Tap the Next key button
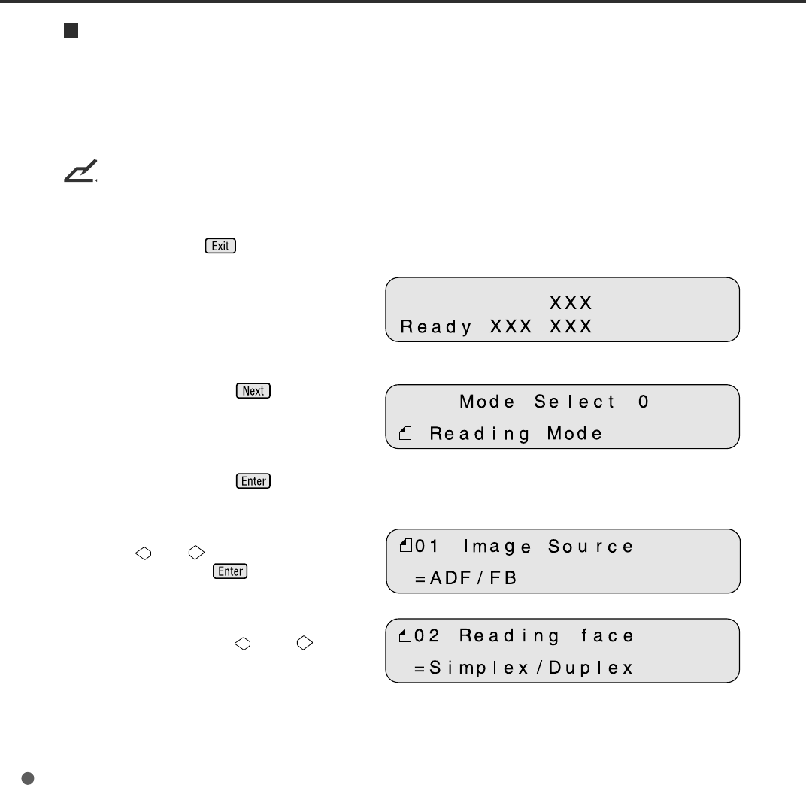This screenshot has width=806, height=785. [x=253, y=391]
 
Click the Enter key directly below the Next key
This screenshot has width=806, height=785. [x=253, y=481]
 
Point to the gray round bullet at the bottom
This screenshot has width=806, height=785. [x=27, y=757]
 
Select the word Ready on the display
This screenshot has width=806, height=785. [x=436, y=327]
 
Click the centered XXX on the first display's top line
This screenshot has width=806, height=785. [x=571, y=303]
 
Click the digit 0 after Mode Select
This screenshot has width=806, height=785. [x=643, y=402]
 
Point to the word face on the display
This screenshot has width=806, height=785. [x=608, y=636]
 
